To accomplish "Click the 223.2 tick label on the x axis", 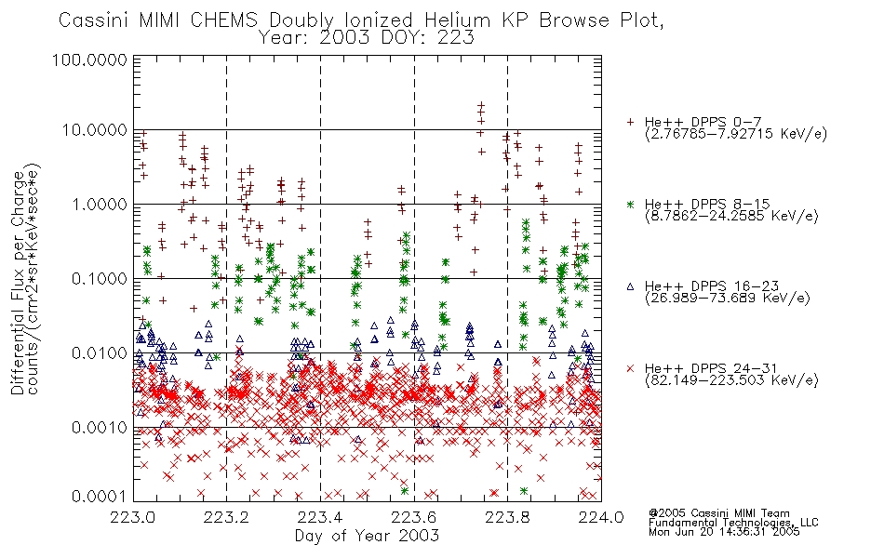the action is point(227,516).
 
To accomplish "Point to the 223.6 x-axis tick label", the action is point(414,516).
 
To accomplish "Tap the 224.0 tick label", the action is point(601,516).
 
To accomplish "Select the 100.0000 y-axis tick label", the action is point(89,60).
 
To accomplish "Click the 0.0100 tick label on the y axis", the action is point(100,353).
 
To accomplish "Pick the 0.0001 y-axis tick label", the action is point(100,497).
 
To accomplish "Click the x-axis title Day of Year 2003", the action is point(367,536).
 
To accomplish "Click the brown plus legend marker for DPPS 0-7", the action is point(630,122).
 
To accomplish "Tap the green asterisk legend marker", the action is point(630,204).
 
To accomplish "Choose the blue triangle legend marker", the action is point(630,286).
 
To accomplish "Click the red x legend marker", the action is point(630,368).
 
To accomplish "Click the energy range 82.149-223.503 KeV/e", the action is point(731,380).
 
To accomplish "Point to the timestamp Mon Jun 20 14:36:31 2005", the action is point(725,532).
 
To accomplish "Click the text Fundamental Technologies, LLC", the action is point(733,523).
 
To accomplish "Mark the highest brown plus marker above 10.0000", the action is point(481,105).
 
